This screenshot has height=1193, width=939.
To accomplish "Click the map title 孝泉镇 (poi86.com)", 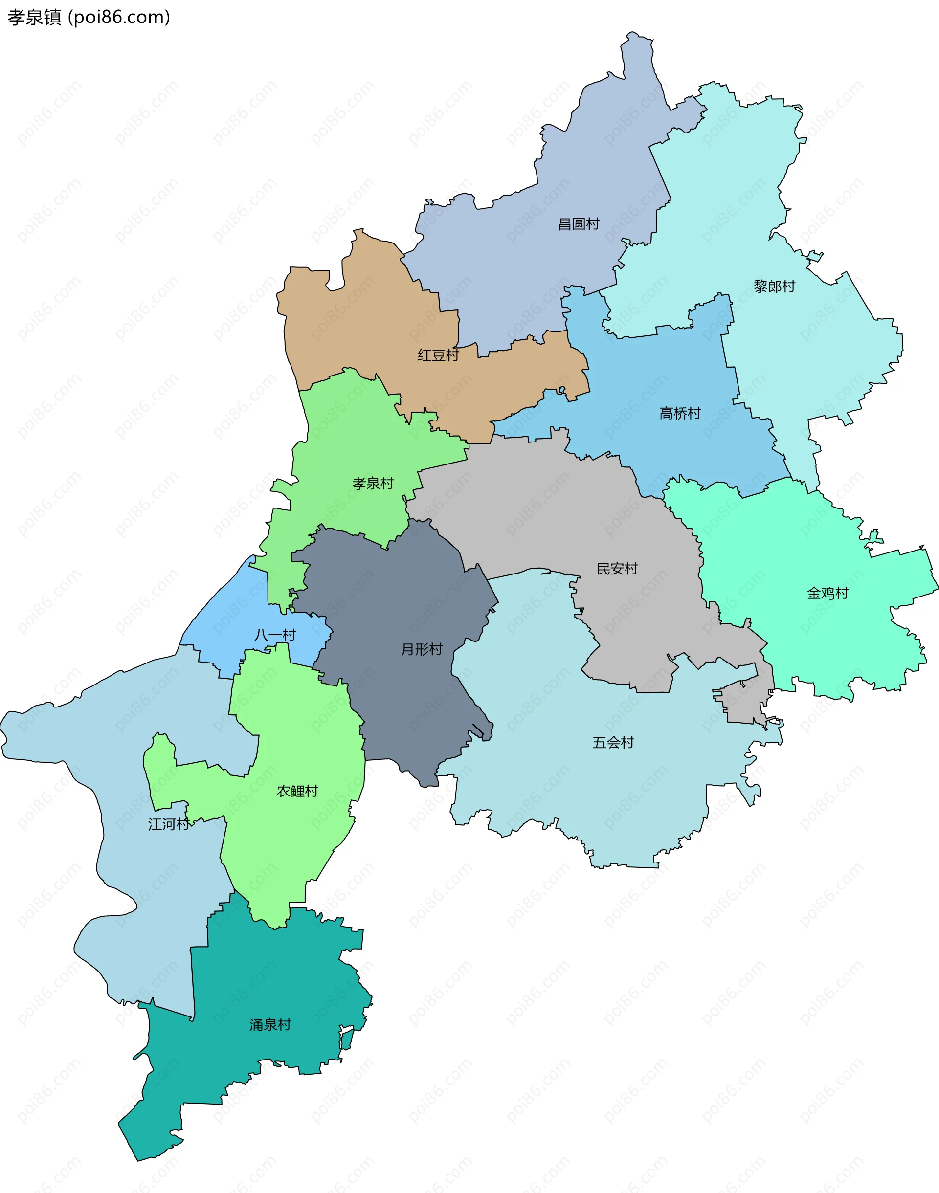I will [89, 18].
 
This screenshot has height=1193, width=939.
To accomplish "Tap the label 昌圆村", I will [579, 224].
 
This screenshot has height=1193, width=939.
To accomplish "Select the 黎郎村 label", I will [774, 287].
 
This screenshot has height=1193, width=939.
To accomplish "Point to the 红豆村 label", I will [438, 355].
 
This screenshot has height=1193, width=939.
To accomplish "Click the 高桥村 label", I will [680, 413].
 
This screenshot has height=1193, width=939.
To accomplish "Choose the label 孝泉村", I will [373, 484].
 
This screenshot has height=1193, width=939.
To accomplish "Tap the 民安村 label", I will [617, 569].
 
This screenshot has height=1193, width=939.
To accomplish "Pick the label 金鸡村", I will [827, 594].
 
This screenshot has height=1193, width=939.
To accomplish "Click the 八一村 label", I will [275, 635].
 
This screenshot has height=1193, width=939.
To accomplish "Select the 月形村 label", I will [422, 649].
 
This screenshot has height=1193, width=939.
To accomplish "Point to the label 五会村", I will [613, 743].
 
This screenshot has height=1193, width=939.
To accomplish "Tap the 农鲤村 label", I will [297, 791].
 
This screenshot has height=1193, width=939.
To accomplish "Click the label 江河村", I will [168, 824].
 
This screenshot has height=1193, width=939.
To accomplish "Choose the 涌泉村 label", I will [270, 1025].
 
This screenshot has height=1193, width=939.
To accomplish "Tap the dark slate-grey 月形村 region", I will [407, 594].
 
